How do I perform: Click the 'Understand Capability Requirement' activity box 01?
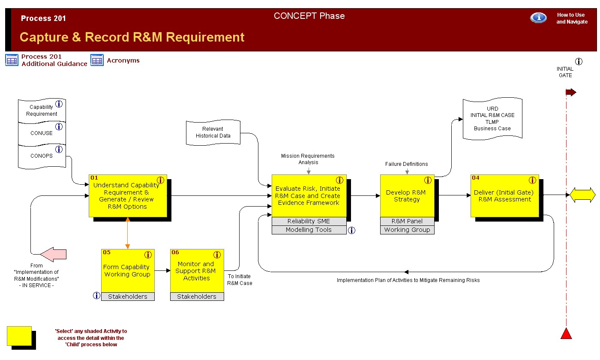128,196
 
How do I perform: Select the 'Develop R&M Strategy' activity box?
407,196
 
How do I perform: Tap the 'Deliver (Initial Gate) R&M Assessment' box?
505,196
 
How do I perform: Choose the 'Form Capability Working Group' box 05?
128,271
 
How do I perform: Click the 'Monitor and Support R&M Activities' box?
197,271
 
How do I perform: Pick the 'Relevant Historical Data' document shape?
213,132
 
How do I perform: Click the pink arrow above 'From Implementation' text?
53,254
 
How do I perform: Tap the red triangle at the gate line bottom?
566,333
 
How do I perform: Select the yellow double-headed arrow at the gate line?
582,195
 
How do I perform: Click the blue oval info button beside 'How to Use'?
538,18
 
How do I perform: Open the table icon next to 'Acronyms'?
97,60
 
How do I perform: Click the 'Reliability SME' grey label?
309,221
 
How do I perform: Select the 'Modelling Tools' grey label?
309,230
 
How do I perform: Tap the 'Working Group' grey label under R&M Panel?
407,230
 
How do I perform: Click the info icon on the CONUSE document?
59,127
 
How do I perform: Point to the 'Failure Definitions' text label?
406,164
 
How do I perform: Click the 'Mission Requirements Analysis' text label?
308,159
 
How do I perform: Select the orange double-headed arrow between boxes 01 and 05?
128,233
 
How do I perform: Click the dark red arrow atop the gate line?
571,93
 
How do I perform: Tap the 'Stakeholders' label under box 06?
197,297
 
